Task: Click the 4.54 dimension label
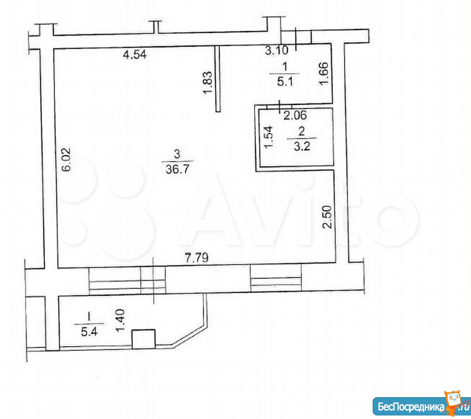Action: (135, 55)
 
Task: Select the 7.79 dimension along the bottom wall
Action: (197, 258)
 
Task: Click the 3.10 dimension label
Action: (277, 50)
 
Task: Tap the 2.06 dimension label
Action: (295, 116)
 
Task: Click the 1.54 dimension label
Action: (268, 137)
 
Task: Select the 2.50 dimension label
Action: (327, 217)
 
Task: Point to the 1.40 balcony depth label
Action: (121, 321)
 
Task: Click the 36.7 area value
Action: (177, 169)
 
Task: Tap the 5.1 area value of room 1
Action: (284, 82)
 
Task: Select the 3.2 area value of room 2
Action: (302, 147)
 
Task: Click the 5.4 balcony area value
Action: (89, 332)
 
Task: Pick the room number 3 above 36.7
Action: (177, 155)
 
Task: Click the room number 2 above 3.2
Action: (301, 131)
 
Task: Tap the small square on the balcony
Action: (144, 339)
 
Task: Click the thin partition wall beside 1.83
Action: (218, 79)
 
